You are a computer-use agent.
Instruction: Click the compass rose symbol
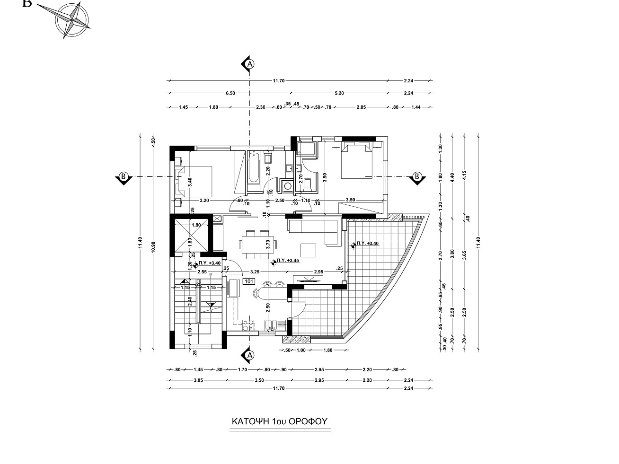tap(73, 20)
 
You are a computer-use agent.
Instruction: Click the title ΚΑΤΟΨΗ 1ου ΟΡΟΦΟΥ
tap(280, 421)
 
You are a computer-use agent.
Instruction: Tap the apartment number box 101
tap(249, 281)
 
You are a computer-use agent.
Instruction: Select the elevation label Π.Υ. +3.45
tap(288, 261)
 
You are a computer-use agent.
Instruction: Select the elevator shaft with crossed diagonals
tap(192, 235)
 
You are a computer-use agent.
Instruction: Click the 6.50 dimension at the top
tap(230, 93)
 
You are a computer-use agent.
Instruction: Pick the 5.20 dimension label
tap(339, 93)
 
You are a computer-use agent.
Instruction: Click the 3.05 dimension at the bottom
tap(199, 380)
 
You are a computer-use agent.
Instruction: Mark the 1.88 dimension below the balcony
tap(328, 350)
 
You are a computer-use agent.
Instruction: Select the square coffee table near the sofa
tap(309, 250)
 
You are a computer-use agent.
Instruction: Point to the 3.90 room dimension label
tap(325, 177)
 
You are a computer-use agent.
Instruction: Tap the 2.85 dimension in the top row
tap(361, 107)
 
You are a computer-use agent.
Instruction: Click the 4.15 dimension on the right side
tap(465, 175)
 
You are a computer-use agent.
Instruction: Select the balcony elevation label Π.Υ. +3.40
tap(367, 244)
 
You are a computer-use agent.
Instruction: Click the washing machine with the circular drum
tap(287, 186)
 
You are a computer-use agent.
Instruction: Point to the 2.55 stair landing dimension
tap(202, 272)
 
